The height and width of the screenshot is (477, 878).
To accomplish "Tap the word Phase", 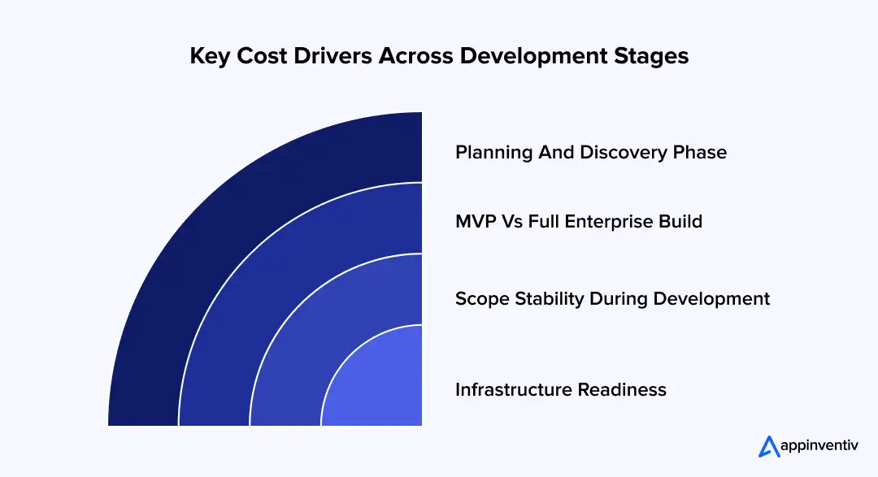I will [x=701, y=152].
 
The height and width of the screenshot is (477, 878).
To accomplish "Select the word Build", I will [x=681, y=221].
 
